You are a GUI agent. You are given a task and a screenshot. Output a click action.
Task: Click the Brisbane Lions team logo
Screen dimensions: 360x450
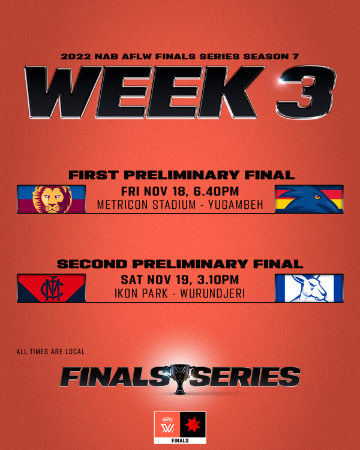tap(52, 199)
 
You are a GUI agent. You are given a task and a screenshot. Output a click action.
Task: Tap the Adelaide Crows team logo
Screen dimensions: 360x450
tap(309, 199)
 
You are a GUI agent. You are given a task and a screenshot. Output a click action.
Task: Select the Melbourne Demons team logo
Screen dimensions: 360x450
tap(52, 288)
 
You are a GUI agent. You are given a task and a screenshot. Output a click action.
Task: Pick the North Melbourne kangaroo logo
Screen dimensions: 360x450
tap(309, 288)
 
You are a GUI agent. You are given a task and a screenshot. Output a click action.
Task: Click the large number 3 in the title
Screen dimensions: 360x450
tap(306, 92)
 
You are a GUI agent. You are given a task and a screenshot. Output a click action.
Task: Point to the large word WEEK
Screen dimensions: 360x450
tap(145, 92)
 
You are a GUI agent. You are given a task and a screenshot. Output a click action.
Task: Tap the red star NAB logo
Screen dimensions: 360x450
tap(193, 424)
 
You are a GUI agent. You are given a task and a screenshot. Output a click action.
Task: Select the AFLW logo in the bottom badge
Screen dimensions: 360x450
tap(167, 425)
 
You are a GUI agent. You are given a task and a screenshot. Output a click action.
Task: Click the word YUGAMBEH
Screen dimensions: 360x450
tap(236, 205)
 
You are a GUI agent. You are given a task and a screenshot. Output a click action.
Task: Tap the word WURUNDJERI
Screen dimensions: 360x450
tap(212, 293)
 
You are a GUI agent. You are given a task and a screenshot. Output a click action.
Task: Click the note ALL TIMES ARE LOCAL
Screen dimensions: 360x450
tap(50, 352)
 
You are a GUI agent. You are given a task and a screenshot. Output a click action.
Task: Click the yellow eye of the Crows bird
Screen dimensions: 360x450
tap(317, 197)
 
